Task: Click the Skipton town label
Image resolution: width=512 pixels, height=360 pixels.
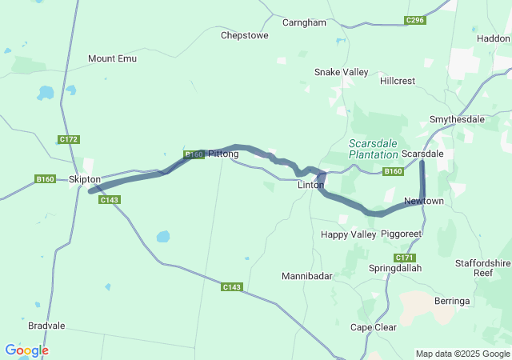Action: click(x=85, y=180)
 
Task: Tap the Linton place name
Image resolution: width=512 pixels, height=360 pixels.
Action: click(x=310, y=185)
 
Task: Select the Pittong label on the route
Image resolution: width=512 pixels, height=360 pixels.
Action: click(x=223, y=154)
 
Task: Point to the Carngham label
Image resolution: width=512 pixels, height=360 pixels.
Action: click(x=304, y=22)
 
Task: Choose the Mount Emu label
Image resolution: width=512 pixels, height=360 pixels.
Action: click(x=112, y=58)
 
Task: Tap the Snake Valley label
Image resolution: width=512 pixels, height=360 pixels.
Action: click(x=341, y=72)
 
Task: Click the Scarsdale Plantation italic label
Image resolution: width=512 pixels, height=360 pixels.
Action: click(x=373, y=149)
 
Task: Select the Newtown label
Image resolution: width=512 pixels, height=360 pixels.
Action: click(x=423, y=201)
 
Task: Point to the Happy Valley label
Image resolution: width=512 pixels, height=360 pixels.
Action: click(x=348, y=234)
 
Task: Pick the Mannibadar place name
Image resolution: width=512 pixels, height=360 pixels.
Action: click(x=306, y=276)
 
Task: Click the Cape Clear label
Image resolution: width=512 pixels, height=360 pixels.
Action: click(x=374, y=327)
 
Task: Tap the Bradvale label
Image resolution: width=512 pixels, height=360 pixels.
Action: click(x=46, y=326)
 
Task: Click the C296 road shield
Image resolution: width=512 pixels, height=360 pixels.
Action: click(x=414, y=20)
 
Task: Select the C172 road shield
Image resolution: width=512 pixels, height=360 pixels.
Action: click(x=69, y=139)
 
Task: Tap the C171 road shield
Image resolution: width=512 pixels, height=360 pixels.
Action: click(x=405, y=258)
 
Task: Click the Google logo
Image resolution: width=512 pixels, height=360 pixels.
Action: click(x=26, y=350)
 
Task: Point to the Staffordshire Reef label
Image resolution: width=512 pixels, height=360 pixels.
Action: click(x=482, y=268)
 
